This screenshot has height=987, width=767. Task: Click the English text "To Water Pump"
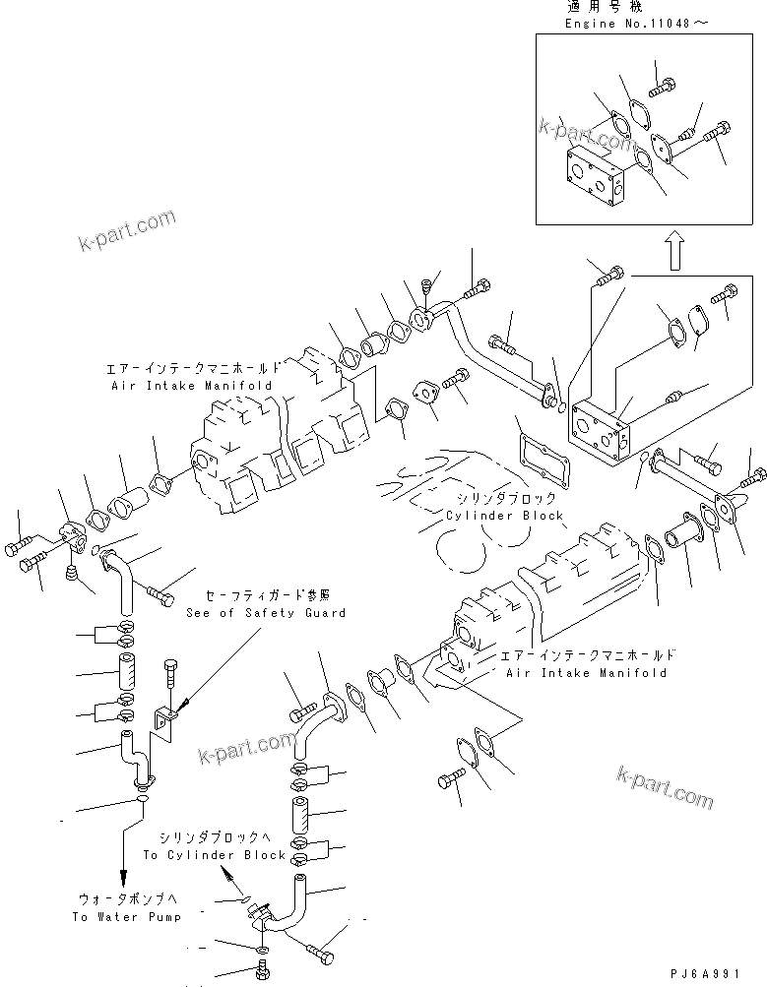click(x=126, y=917)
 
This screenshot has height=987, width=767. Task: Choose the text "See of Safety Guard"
click(x=266, y=613)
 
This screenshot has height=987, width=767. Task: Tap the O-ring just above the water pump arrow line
click(x=142, y=799)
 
